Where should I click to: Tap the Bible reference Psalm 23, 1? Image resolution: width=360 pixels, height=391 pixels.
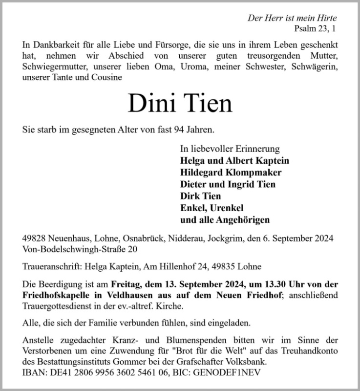point(316,29)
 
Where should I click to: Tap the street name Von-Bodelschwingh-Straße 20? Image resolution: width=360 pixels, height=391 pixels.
point(80,250)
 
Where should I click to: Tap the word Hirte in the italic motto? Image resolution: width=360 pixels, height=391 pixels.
point(325,18)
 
